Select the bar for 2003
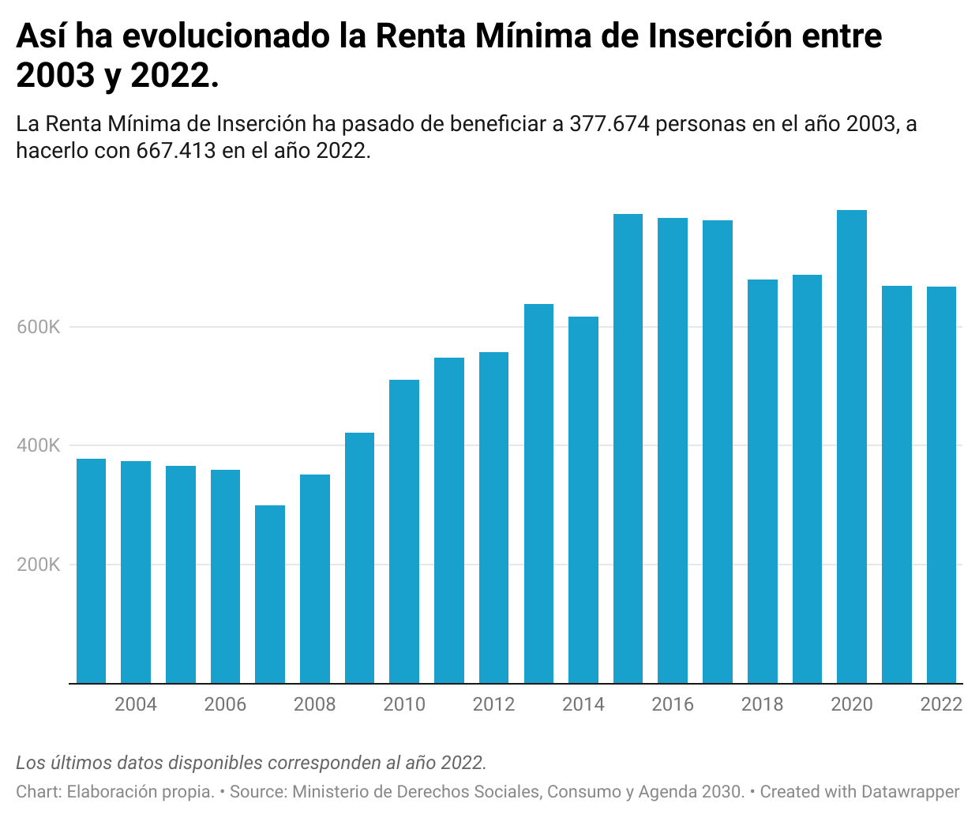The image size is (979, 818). (91, 570)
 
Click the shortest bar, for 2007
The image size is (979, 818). (270, 594)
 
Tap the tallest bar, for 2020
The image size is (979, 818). (852, 446)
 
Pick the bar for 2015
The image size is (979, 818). (628, 448)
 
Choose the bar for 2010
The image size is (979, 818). (404, 531)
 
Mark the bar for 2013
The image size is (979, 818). (538, 493)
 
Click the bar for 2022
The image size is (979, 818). (941, 485)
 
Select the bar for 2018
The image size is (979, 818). (762, 481)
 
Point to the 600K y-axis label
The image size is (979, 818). (38, 327)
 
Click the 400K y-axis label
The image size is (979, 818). (38, 445)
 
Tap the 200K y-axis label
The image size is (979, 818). (38, 565)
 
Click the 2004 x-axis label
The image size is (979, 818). (136, 704)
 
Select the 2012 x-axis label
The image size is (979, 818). (493, 704)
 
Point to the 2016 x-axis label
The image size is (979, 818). (673, 704)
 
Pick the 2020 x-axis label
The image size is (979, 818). (852, 704)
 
